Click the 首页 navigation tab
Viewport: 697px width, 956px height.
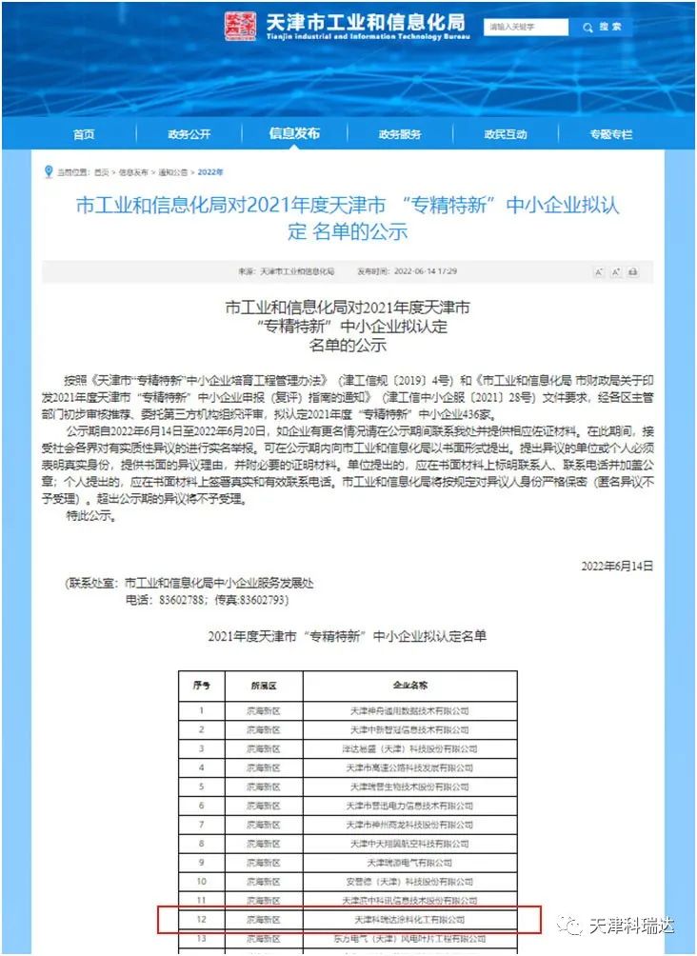[x=84, y=134]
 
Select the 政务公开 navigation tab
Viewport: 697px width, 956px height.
[x=189, y=134]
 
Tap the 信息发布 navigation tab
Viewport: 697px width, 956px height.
[x=294, y=133]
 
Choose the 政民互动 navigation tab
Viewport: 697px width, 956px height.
[x=505, y=134]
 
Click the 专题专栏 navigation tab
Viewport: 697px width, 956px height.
[x=610, y=134]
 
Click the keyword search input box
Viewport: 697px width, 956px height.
[x=527, y=27]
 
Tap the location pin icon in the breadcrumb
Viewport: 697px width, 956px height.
[x=49, y=171]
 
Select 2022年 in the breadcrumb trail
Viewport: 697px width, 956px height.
[x=210, y=172]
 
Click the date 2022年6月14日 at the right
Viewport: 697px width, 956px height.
[x=617, y=566]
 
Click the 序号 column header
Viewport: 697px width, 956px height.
[x=202, y=685]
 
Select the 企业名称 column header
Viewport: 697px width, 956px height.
[x=410, y=685]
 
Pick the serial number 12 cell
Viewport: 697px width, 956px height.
[x=202, y=921]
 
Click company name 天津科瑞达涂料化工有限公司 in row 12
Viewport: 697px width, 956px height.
[x=410, y=921]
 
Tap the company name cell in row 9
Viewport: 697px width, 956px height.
[x=410, y=863]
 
